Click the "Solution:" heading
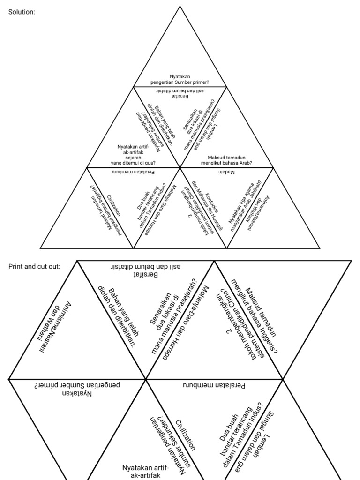[22, 12]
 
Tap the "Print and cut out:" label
[34, 266]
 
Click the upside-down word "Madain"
[226, 172]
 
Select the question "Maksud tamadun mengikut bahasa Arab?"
[227, 160]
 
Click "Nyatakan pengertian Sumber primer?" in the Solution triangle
[180, 79]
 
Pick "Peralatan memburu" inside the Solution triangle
[134, 172]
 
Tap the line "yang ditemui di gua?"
[133, 163]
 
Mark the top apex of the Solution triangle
[180, 6]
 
